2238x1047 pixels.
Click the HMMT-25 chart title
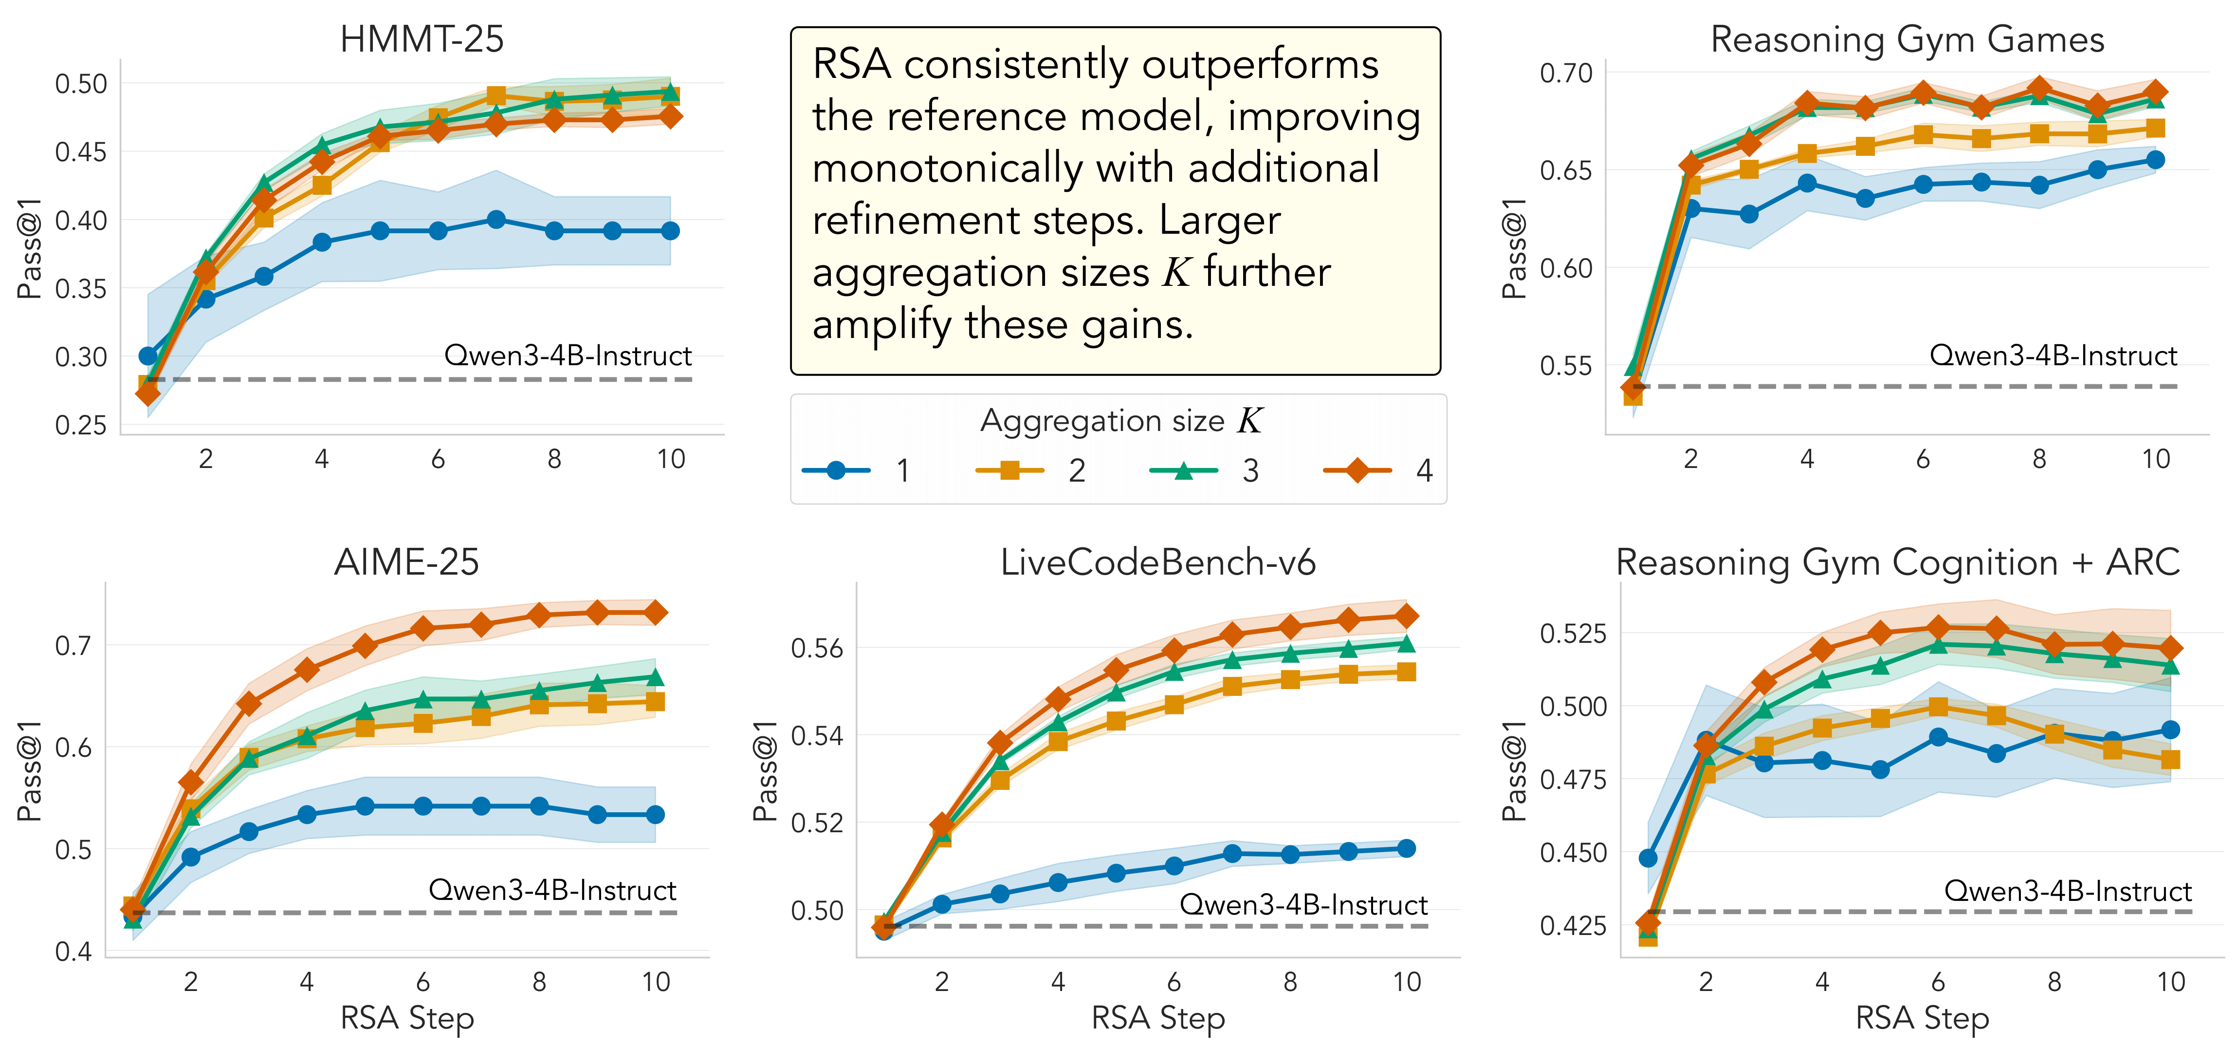(422, 39)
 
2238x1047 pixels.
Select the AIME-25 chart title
(406, 562)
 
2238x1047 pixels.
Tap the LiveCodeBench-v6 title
(1157, 562)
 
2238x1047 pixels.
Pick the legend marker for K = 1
(836, 470)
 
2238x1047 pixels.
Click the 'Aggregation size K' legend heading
(1121, 421)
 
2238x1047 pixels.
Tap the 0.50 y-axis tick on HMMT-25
(81, 84)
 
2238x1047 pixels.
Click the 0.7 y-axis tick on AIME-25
(73, 646)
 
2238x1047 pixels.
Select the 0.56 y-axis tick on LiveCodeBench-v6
(817, 648)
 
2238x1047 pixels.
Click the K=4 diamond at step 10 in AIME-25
(655, 613)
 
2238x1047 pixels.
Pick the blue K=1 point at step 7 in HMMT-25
(496, 220)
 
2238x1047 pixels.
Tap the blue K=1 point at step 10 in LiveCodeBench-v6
(1407, 848)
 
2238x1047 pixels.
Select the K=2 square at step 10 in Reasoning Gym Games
(2155, 129)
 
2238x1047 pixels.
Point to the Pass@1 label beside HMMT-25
(30, 248)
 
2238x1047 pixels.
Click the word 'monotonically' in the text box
(948, 168)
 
